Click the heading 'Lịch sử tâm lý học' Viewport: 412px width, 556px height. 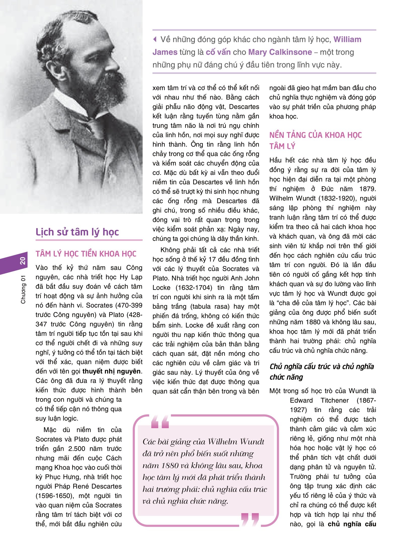(77, 232)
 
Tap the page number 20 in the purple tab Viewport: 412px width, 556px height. (23, 261)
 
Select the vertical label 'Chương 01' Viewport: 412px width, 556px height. (23, 289)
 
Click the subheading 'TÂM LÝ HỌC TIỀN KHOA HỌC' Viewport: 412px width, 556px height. (86, 254)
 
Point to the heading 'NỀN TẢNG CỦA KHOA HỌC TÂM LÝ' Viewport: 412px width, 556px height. (315, 140)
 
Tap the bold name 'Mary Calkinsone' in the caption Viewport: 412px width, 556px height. (280, 52)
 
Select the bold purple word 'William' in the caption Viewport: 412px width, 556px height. (347, 39)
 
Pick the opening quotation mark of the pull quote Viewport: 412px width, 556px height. (160, 422)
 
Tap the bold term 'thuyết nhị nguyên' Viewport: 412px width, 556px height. (111, 371)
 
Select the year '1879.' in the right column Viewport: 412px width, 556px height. (367, 189)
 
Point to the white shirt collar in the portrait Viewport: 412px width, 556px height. (69, 103)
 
